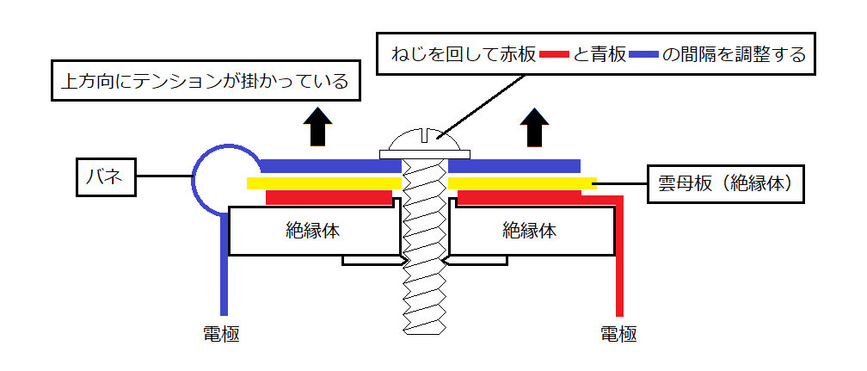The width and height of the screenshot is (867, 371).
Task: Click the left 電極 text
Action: [x=218, y=335]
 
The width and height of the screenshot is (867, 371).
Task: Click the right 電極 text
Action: [x=618, y=335]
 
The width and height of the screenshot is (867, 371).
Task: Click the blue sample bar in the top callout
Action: [x=643, y=56]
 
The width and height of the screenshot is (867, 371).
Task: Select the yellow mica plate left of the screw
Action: [x=323, y=182]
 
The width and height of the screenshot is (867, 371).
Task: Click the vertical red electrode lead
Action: [x=618, y=267]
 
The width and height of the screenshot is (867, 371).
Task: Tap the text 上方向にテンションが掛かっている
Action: [x=205, y=82]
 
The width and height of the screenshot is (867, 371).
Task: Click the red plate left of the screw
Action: [x=329, y=198]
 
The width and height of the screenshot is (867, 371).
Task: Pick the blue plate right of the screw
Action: [x=514, y=165]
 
